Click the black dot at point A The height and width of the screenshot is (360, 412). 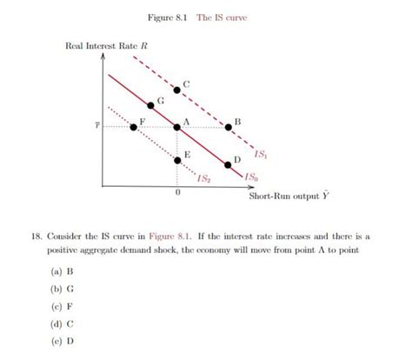[178, 126]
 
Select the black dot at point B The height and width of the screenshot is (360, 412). [229, 126]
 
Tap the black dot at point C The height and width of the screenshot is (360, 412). [178, 88]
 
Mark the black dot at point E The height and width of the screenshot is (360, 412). [178, 157]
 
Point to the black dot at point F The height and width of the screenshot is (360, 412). [133, 127]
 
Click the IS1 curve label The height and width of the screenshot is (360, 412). [261, 154]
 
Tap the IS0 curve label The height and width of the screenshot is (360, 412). [250, 176]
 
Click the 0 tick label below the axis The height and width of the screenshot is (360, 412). [177, 193]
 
